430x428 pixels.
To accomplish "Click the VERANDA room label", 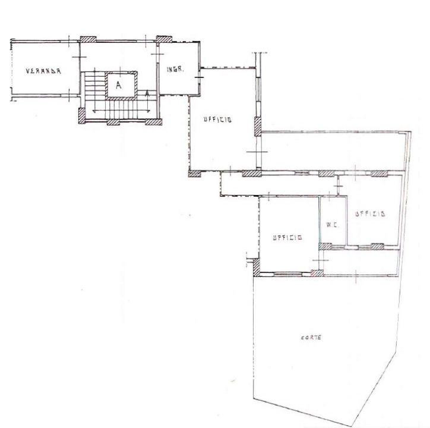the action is pos(43,71).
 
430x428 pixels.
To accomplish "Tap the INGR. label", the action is pos(175,69).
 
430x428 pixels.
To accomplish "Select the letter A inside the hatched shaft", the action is pos(118,85).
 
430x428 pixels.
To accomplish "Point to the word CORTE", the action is pos(311,338).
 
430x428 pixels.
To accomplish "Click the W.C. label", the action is pos(333,225).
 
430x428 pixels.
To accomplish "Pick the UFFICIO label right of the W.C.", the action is pos(370,213).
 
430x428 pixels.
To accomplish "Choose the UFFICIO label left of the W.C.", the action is pos(287,237).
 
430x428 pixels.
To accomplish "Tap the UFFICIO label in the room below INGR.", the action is pos(217,119).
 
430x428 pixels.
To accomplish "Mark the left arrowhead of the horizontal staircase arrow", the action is pos(94,111).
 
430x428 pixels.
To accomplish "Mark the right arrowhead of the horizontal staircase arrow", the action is pos(148,111).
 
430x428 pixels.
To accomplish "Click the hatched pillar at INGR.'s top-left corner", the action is pos(164,39).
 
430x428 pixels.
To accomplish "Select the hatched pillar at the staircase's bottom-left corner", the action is pos(82,115).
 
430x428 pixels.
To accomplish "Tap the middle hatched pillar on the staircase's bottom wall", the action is pos(113,122).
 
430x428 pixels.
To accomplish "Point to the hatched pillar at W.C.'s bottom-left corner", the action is pos(325,246).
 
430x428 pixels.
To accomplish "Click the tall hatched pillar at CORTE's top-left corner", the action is pos(256,267).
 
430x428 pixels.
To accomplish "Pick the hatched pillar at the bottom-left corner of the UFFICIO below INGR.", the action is pos(195,174).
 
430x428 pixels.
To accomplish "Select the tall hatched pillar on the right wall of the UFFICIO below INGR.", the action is pos(258,127).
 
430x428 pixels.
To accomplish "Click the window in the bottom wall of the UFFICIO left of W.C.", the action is pos(288,274).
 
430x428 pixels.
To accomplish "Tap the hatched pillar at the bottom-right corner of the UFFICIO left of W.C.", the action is pos(317,273).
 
